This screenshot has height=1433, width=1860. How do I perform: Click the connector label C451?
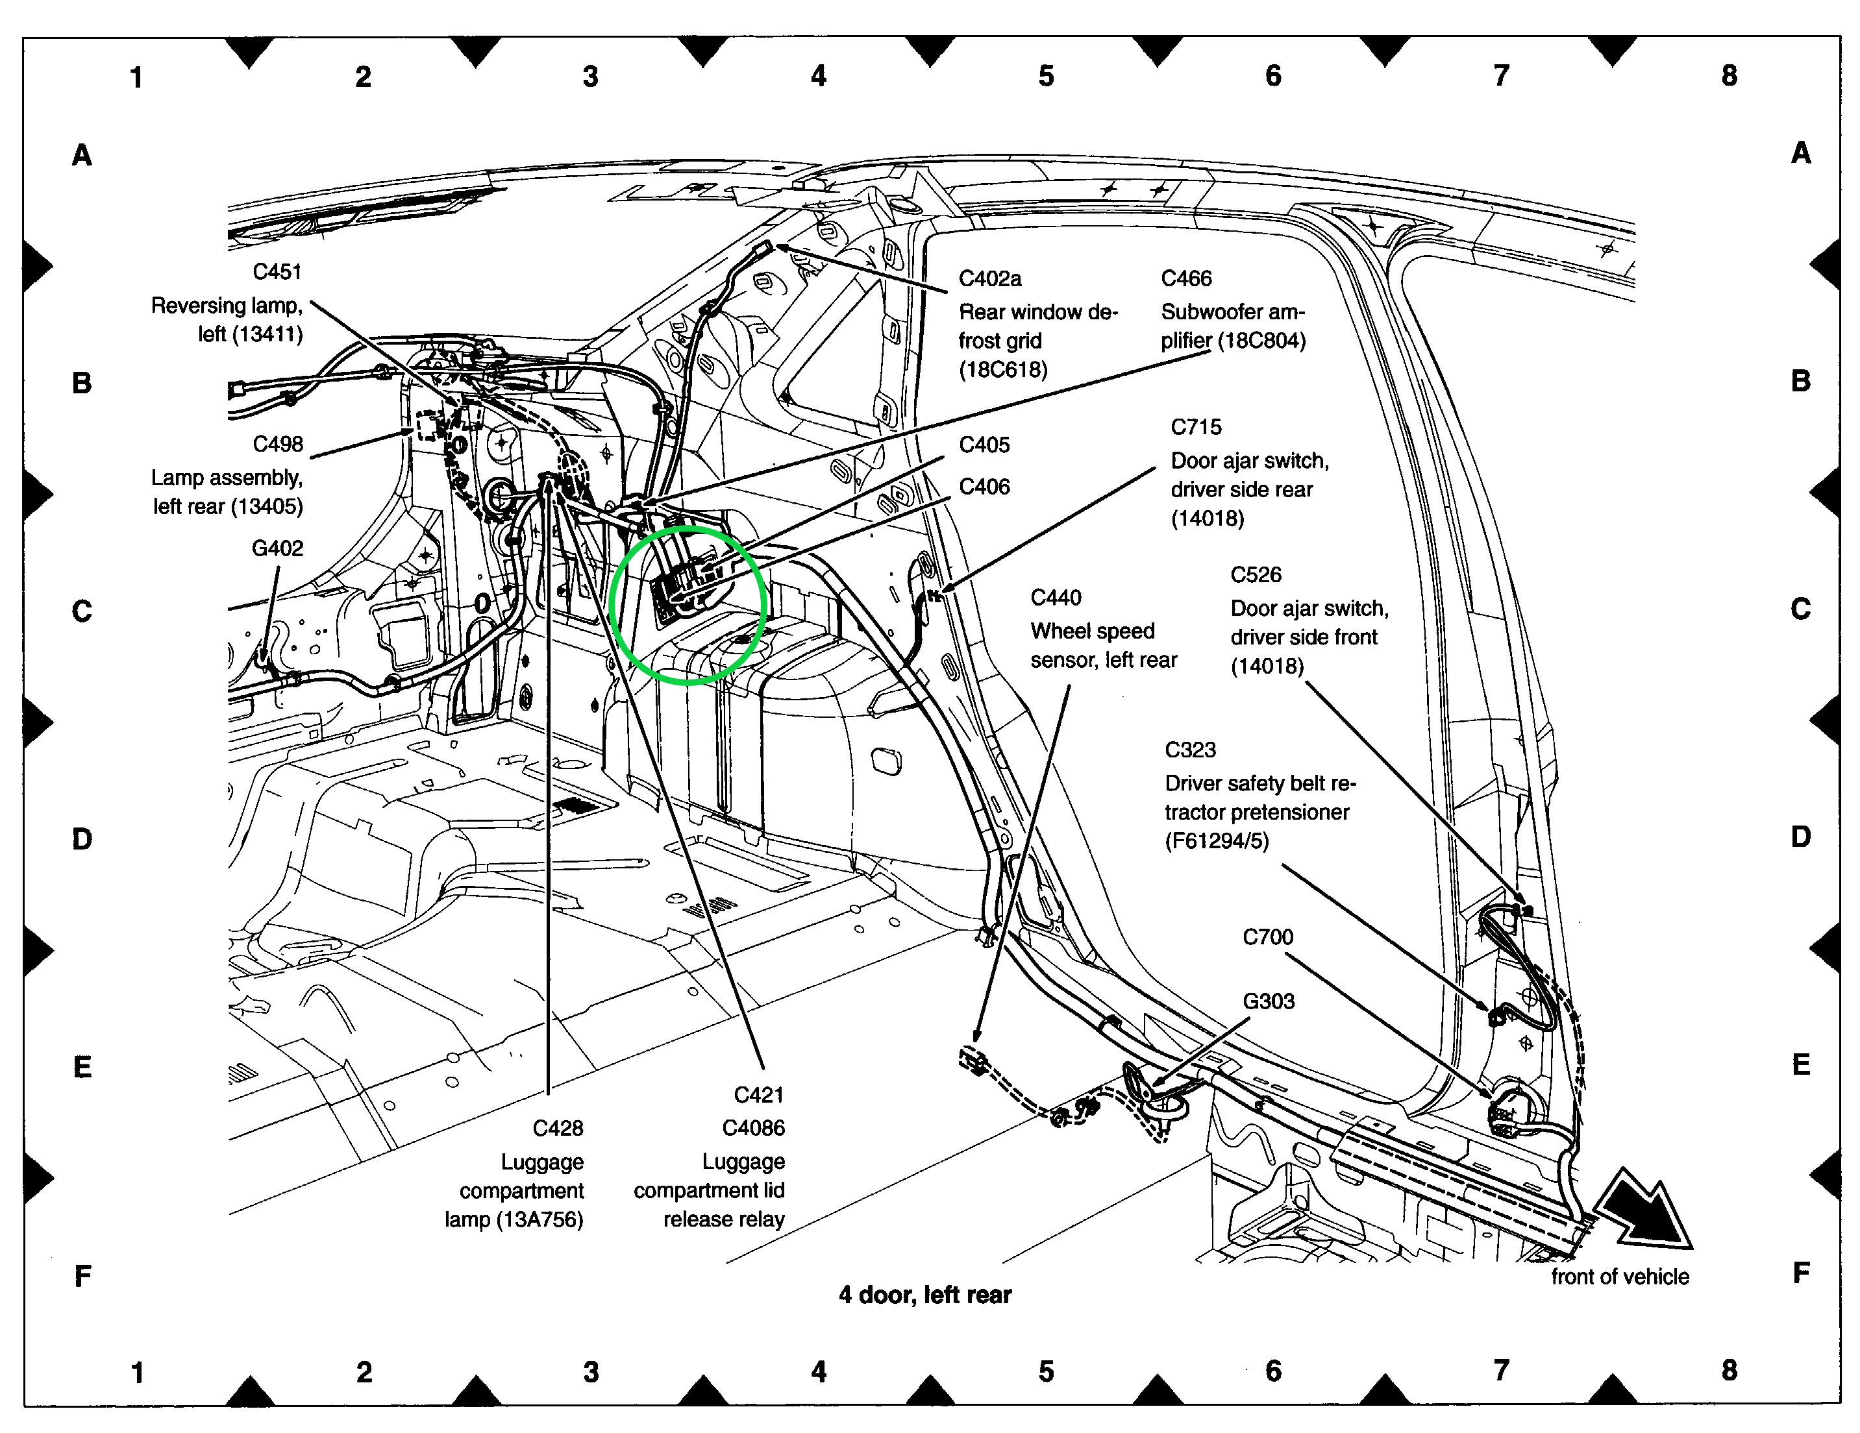277,273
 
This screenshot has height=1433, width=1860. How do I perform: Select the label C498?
278,445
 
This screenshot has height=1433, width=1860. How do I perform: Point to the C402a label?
989,279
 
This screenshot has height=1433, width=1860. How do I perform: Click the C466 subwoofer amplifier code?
1186,279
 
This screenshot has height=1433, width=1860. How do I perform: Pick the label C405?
984,445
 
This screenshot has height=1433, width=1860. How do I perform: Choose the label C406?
984,487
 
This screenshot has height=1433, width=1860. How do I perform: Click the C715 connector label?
1196,428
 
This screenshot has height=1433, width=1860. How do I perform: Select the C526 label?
1256,576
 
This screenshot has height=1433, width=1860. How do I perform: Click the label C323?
1190,750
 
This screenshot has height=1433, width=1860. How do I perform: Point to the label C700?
1267,937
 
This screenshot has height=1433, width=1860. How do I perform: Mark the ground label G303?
1268,1001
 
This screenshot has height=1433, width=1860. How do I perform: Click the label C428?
558,1128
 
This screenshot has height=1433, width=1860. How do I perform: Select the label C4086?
753,1128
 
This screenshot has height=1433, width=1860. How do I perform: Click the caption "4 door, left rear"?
925,1295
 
